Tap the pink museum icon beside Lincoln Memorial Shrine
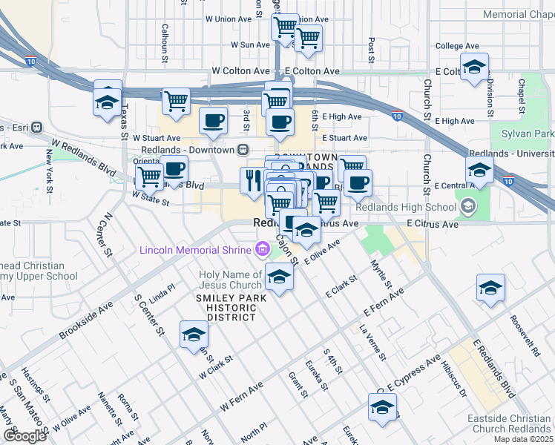[x=262, y=249]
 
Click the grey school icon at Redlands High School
[x=468, y=205]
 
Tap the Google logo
[x=24, y=435]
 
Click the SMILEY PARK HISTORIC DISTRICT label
[x=225, y=308]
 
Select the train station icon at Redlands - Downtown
[x=243, y=149]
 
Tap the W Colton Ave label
[x=240, y=71]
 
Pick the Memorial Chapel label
[x=518, y=14]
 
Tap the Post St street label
[x=371, y=50]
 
